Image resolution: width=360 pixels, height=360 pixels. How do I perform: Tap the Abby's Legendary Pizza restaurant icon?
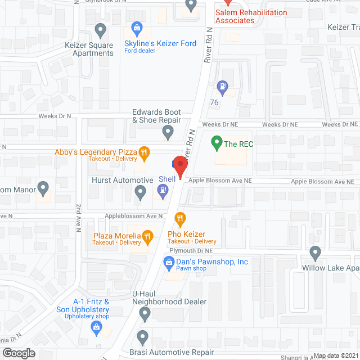145,151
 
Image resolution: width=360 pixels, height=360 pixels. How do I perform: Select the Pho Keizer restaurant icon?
181,218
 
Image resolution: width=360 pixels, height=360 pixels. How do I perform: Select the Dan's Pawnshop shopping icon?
168,262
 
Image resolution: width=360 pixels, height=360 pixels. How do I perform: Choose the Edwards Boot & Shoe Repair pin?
167,133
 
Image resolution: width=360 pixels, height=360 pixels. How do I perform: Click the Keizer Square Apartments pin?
101,29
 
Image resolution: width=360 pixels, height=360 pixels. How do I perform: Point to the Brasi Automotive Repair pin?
143,337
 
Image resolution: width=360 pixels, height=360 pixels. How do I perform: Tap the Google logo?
19,353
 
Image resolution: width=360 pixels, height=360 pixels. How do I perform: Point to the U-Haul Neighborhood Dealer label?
169,298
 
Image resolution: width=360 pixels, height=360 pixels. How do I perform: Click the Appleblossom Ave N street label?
132,216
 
